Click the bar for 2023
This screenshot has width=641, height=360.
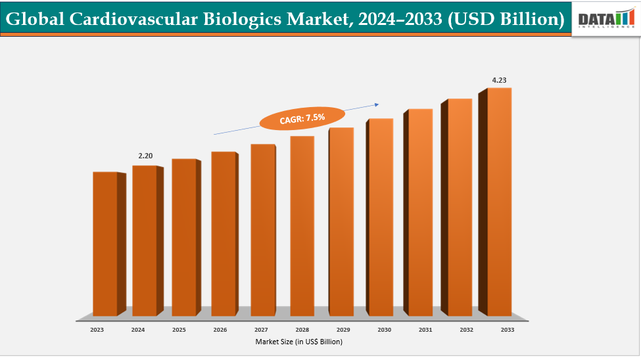[105, 243]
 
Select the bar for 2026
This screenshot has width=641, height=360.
[223, 233]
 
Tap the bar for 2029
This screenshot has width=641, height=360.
[341, 221]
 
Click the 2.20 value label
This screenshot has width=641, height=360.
[145, 156]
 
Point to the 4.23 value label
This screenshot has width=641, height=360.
[500, 80]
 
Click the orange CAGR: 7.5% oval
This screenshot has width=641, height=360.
[302, 118]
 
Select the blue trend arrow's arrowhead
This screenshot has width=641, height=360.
[377, 103]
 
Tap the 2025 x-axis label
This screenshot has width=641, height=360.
[178, 330]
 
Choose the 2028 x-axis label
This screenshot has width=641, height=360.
[302, 330]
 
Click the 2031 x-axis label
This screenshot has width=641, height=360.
[425, 330]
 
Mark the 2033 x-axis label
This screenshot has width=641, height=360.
[508, 330]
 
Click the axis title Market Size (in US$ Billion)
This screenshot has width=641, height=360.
[299, 342]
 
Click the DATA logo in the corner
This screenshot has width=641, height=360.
[605, 20]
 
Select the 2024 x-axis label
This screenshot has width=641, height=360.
[137, 330]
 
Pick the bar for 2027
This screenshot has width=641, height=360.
[262, 229]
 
